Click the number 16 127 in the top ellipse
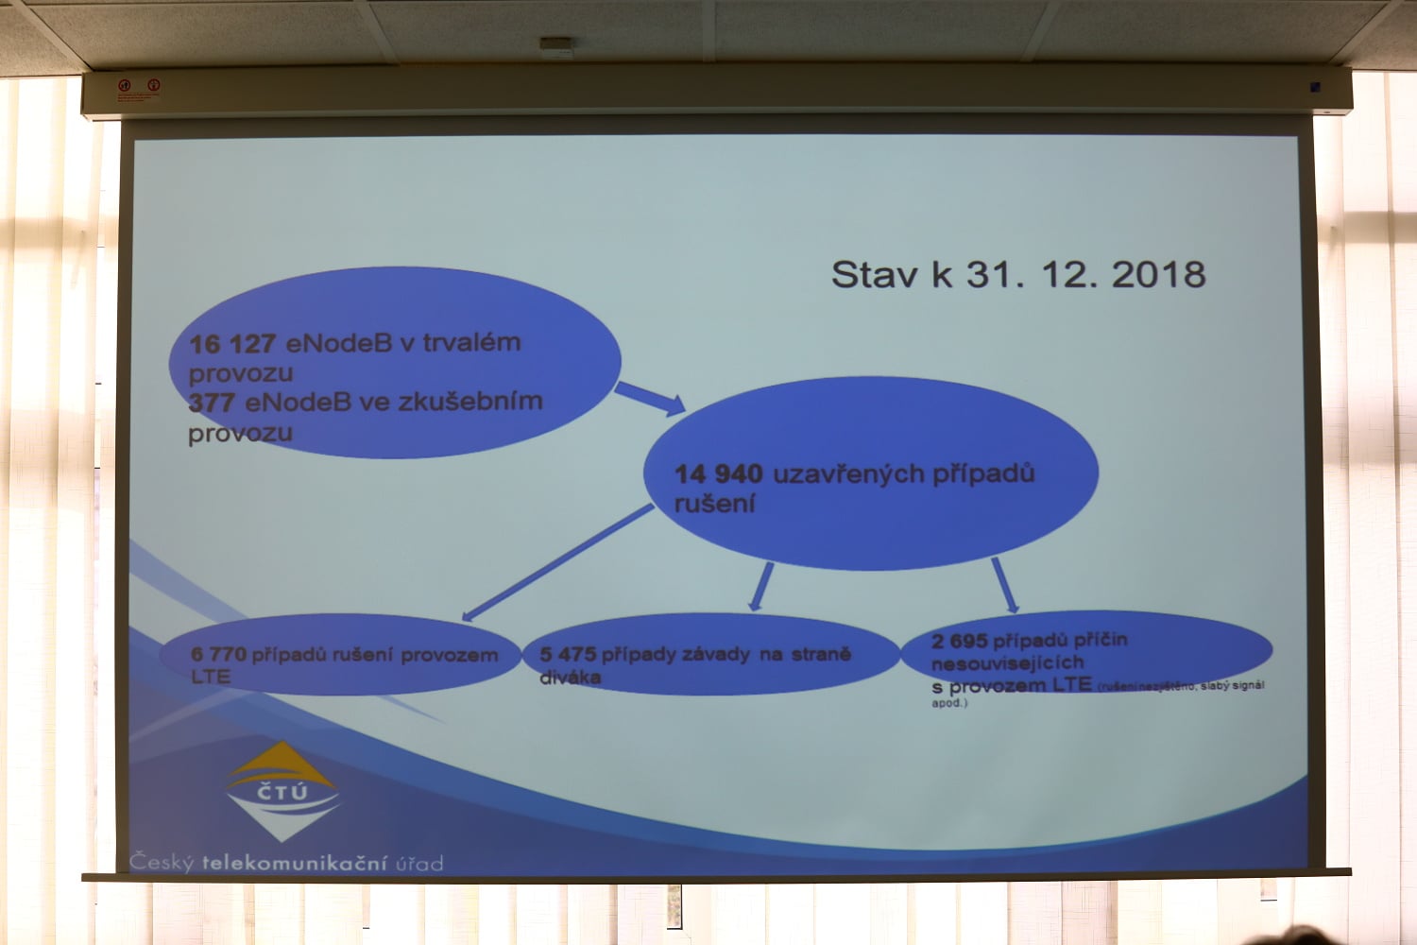232,344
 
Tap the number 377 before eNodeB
212,404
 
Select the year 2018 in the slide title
1158,275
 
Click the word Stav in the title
874,275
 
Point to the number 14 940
718,474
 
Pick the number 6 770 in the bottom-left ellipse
218,654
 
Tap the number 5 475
568,654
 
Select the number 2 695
959,642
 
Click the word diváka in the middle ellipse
570,678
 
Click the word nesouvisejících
1007,663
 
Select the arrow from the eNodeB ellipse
650,398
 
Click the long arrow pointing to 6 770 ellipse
557,563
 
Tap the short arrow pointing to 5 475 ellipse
761,587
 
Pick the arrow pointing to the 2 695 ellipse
1005,585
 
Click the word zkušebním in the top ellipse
469,402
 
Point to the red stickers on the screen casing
138,90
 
